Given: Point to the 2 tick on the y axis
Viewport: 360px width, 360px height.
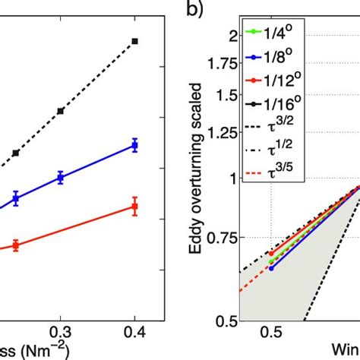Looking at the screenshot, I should [x=228, y=35].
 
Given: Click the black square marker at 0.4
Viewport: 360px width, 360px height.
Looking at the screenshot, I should [x=134, y=41].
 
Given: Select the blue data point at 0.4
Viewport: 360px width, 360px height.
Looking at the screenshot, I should [x=134, y=144].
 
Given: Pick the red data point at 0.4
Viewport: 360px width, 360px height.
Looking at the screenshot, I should [x=134, y=207].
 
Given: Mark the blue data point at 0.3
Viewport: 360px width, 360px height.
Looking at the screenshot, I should [x=60, y=178].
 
